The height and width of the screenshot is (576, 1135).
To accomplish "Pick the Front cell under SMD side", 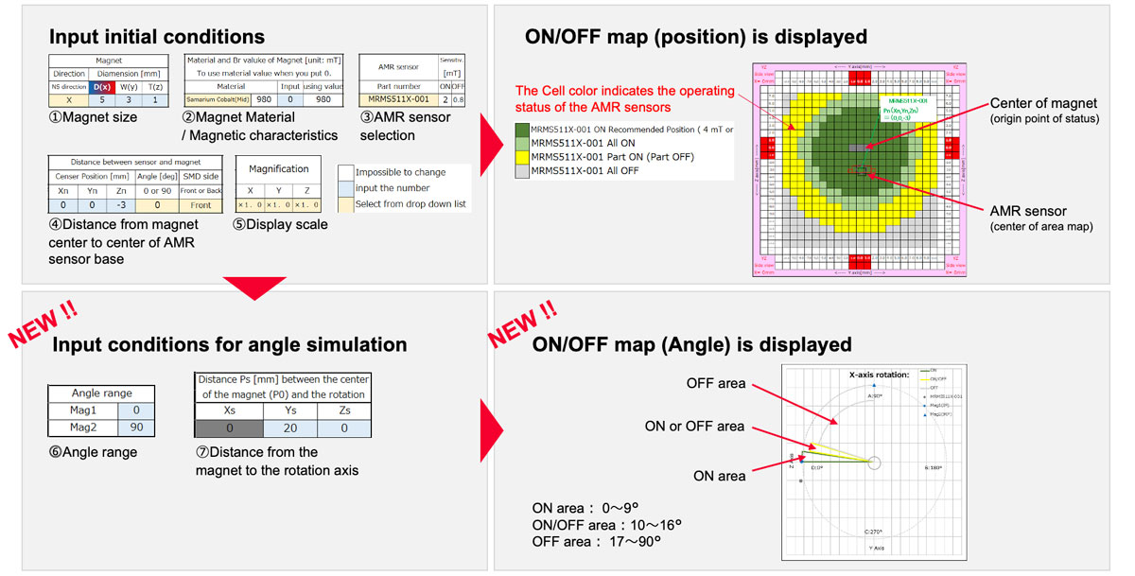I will [201, 204].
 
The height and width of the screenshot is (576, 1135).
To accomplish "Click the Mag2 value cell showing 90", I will [135, 428].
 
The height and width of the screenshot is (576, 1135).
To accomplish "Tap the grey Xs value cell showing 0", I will [229, 428].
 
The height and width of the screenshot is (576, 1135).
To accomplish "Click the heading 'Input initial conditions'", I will [157, 37].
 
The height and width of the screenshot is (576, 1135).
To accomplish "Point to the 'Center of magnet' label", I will [1042, 103].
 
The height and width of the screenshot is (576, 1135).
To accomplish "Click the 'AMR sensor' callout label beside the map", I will [1028, 212].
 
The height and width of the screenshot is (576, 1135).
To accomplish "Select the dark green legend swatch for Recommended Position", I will [521, 129].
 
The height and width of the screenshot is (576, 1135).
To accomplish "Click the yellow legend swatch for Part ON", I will [521, 156].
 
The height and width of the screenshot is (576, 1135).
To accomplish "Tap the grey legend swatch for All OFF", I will [521, 170].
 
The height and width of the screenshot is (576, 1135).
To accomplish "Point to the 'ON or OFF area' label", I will [694, 427].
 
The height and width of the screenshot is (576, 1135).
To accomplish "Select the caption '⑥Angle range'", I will [93, 452].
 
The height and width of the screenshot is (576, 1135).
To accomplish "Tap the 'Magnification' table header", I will [278, 168].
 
